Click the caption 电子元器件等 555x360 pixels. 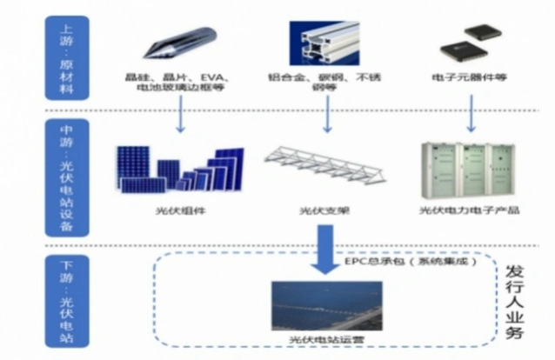[471, 78]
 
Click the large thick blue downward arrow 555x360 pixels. [325, 248]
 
